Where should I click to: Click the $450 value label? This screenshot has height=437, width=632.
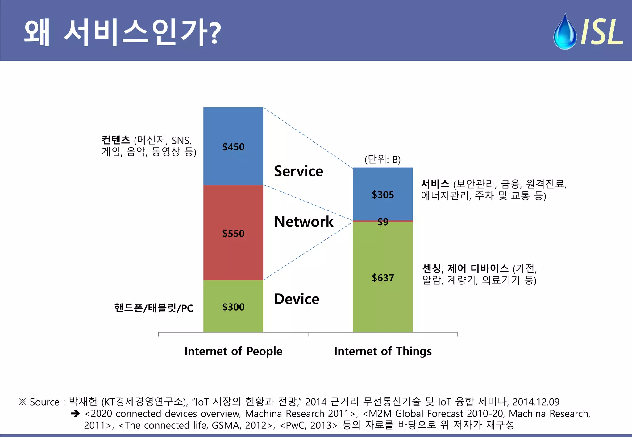point(233,147)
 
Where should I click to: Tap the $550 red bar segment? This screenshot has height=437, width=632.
point(233,216)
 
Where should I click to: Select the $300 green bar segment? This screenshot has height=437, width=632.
point(233,321)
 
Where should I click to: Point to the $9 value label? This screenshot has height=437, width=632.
point(383,222)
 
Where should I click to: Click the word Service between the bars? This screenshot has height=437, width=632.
point(298,171)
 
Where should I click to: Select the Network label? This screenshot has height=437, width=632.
point(304,222)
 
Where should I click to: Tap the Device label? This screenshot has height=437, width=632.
point(297,299)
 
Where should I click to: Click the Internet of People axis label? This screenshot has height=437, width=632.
point(233,351)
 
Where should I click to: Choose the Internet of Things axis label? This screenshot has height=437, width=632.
point(383,351)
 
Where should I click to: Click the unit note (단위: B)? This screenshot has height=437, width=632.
point(382,159)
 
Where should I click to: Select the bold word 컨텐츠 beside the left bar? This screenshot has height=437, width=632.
point(116,140)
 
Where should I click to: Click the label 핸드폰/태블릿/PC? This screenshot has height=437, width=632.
point(153,308)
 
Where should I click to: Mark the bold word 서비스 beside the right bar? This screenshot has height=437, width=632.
point(435,184)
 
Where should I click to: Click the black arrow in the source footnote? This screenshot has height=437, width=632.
point(75,414)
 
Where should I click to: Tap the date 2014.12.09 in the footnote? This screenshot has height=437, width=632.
point(536,402)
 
